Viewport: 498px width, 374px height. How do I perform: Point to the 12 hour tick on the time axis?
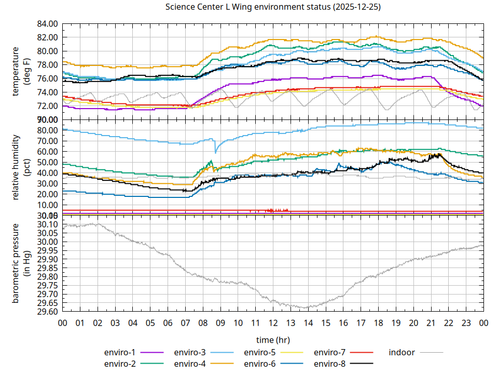tap(273, 323)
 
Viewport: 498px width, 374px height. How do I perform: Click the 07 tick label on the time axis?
tap(185, 323)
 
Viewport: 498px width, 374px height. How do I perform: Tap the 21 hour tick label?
tap(431, 323)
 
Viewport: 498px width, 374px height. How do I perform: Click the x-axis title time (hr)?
tap(273, 340)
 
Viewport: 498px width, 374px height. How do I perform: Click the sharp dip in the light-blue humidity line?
tap(216, 152)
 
